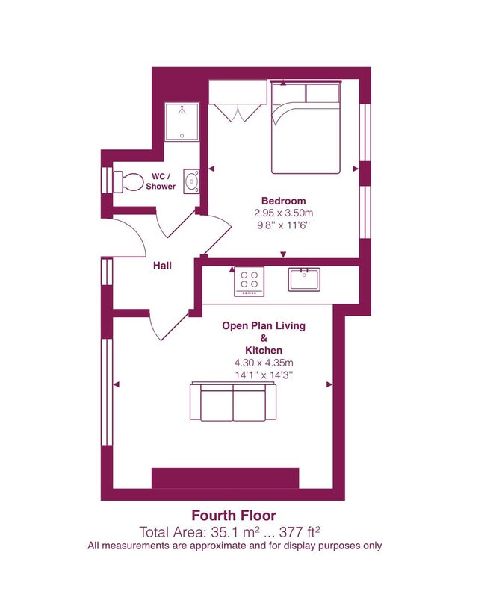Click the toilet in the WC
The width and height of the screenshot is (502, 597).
127,181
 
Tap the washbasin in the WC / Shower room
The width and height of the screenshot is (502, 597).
191,181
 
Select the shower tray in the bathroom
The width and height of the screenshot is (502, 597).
182,122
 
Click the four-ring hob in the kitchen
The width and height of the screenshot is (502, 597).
249,281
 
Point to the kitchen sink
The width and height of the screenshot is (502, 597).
304,279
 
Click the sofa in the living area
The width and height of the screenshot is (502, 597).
233,401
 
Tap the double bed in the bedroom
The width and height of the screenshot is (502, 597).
306,128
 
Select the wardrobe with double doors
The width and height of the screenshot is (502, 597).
237,101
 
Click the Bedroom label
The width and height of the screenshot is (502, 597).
284,201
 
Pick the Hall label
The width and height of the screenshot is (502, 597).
162,266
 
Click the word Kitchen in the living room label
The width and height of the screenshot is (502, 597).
264,350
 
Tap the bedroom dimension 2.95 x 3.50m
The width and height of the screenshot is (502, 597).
284,213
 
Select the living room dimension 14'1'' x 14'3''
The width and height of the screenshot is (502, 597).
264,375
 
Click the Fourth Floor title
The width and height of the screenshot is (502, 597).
234,516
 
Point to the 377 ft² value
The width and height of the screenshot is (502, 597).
300,531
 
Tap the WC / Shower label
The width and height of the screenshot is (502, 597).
161,181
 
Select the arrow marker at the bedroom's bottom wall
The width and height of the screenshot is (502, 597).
283,254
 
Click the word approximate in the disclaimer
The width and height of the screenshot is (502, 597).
218,546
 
